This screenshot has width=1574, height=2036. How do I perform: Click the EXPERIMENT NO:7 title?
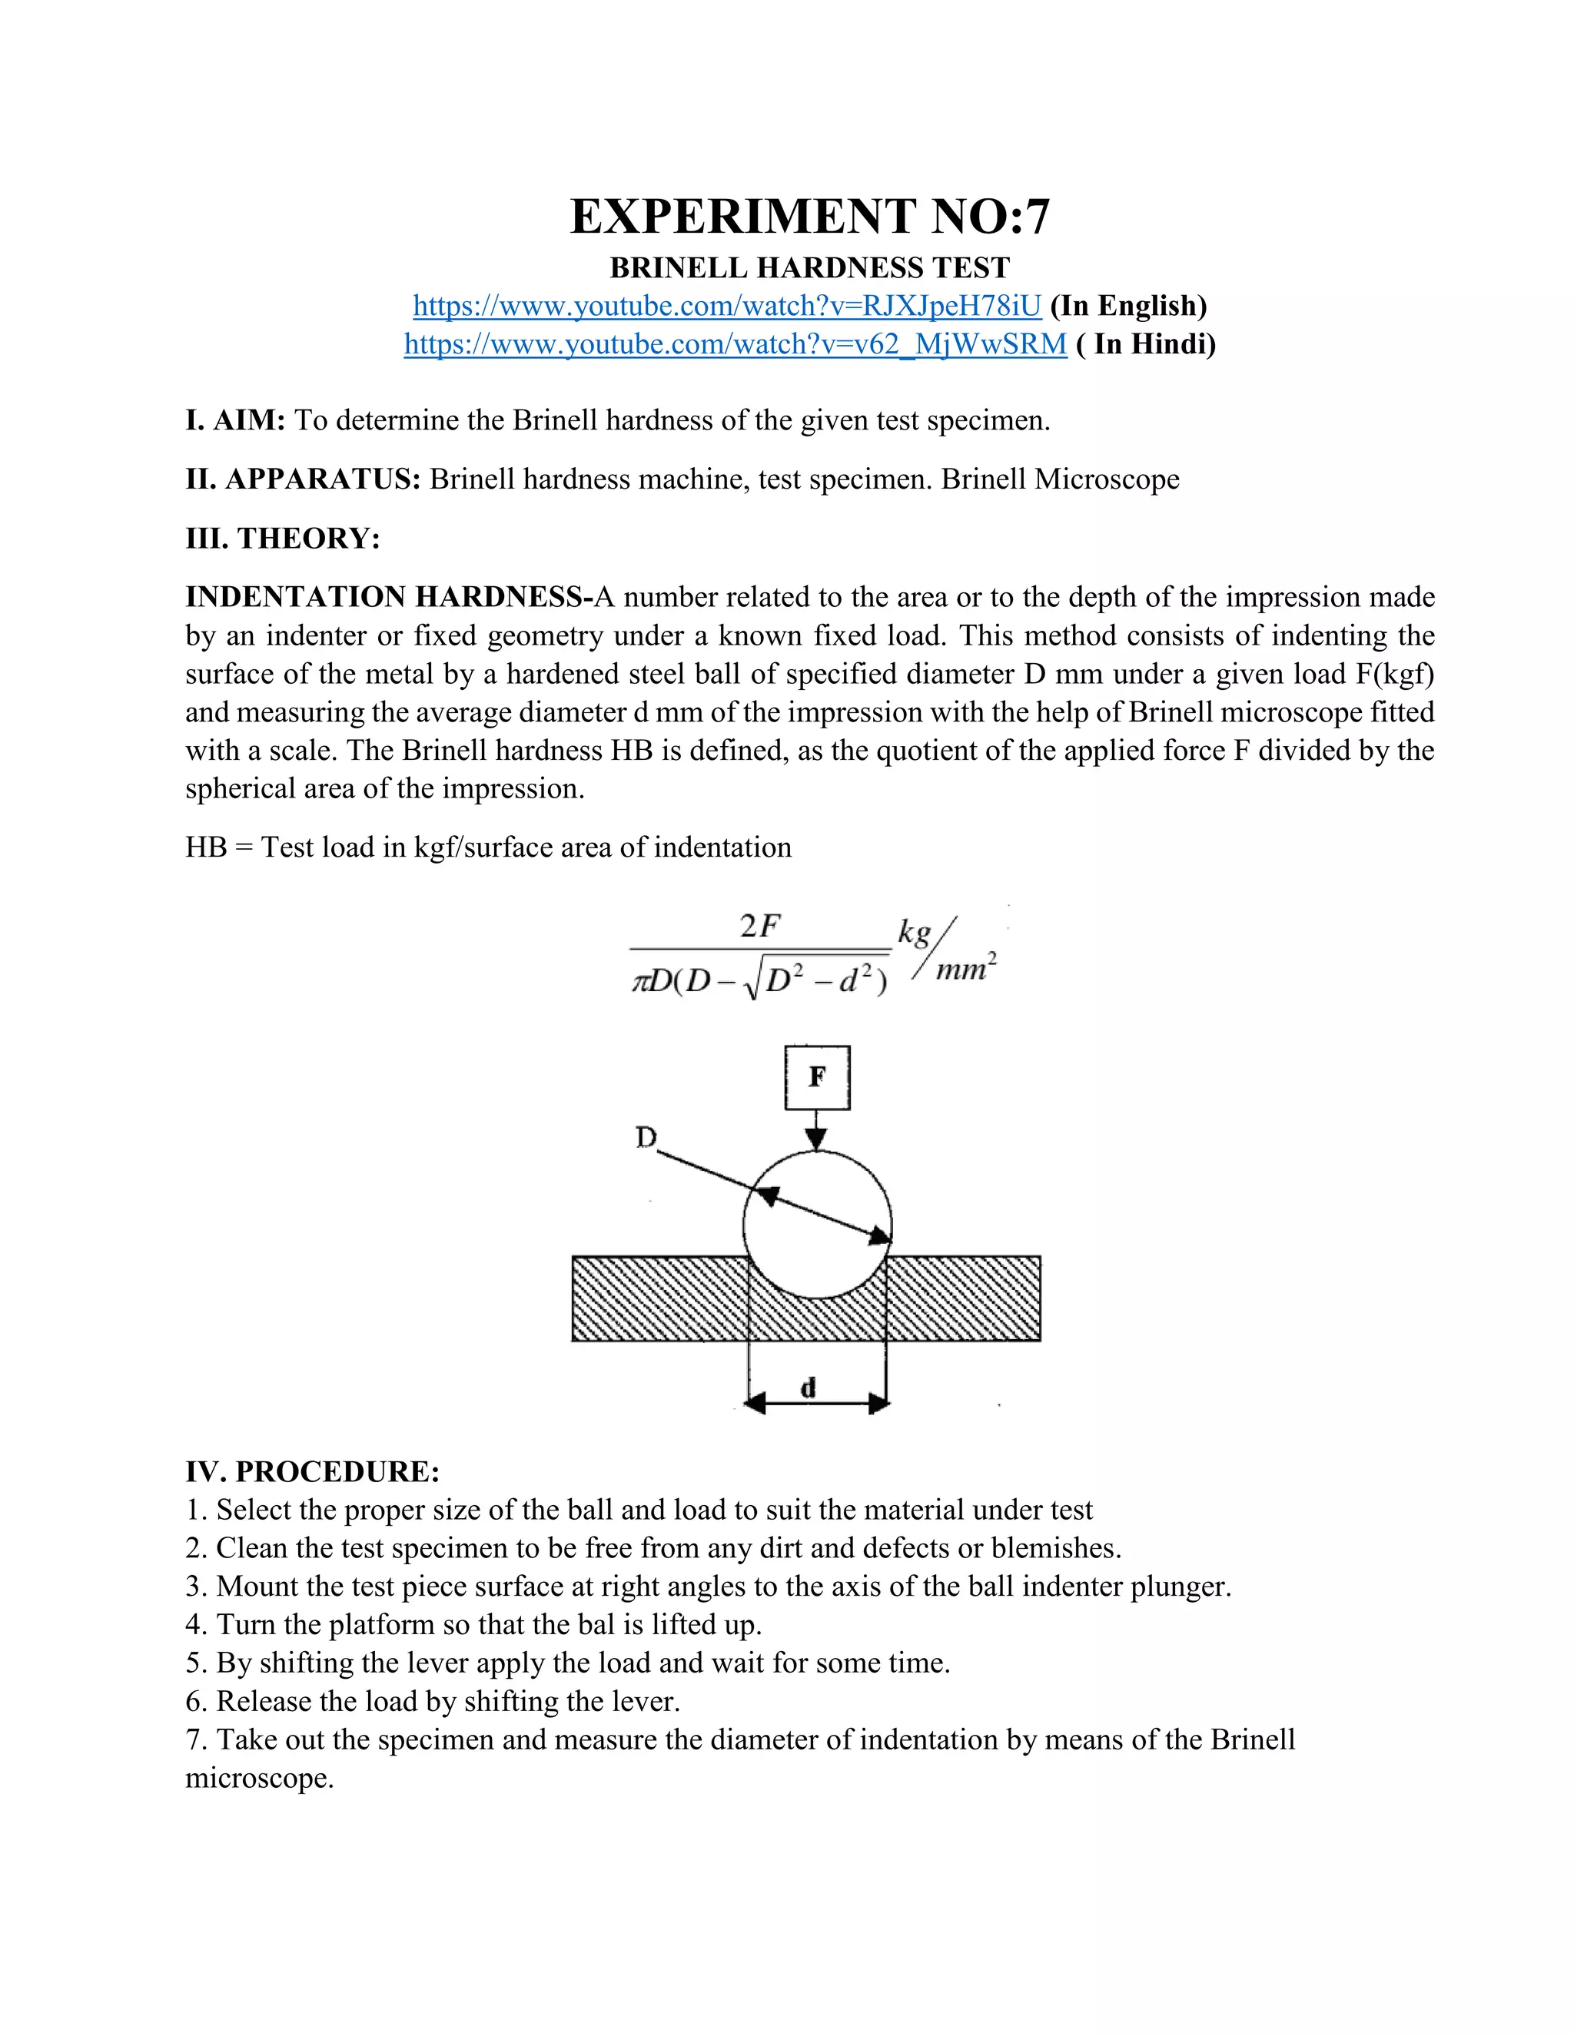809,217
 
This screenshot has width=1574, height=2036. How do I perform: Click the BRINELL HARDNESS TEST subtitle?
809,268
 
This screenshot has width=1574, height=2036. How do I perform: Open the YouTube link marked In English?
726,306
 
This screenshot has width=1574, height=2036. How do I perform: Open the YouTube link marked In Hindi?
735,344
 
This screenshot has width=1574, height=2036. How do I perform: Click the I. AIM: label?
235,420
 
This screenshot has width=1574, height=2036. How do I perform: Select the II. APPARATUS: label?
303,479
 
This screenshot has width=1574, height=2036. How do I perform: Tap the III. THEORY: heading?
283,538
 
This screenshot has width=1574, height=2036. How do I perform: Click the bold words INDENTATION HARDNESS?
384,597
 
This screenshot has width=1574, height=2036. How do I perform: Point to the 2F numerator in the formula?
759,927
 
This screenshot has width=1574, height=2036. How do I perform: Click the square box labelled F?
817,1078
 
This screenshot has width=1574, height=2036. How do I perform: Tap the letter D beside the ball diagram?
646,1137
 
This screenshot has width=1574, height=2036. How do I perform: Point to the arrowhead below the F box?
817,1139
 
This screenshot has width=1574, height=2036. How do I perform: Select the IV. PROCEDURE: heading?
312,1472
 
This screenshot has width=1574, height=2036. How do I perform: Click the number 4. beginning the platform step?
196,1625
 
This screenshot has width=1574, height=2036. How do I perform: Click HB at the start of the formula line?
205,847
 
